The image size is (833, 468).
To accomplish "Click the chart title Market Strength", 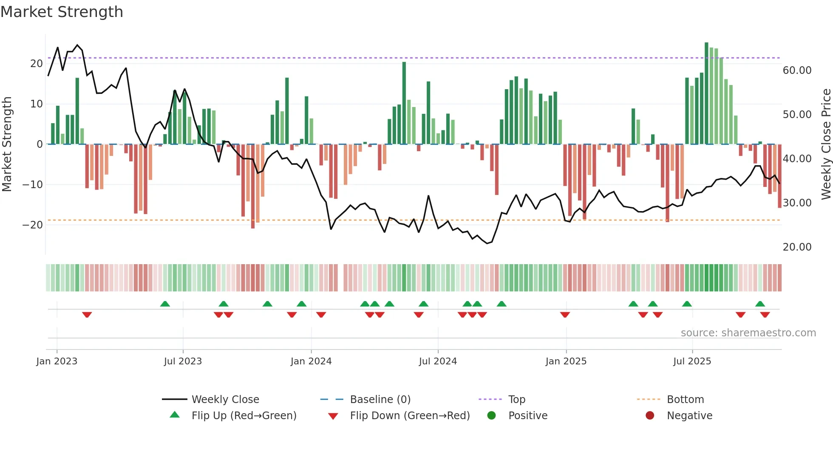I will (x=62, y=12).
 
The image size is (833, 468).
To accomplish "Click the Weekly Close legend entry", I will (x=225, y=399).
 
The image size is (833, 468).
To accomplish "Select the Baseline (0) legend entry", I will (x=380, y=399).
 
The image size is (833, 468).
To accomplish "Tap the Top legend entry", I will (x=516, y=399).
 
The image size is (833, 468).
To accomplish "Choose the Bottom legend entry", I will (x=685, y=399).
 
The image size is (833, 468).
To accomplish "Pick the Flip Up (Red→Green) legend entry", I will (x=244, y=415).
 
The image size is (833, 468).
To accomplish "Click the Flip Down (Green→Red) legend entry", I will (x=410, y=415).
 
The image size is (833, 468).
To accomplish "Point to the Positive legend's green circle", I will (x=492, y=415).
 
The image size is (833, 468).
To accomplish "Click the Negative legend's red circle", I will (x=650, y=415).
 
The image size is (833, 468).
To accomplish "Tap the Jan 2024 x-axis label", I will (x=311, y=361).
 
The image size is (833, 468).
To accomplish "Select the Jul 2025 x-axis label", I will (x=692, y=361).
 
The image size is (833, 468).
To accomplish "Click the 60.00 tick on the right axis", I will (x=797, y=70).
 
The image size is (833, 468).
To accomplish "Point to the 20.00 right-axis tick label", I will (x=797, y=247).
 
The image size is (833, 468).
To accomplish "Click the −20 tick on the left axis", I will (x=33, y=225).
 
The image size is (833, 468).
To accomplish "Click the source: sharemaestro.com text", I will (x=748, y=333).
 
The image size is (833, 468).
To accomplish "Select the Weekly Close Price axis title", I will (x=826, y=144).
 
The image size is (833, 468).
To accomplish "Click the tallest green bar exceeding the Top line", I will (x=706, y=93).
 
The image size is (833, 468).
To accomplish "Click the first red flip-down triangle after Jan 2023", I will (x=87, y=315).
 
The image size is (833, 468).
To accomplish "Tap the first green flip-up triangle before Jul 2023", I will (x=165, y=304).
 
